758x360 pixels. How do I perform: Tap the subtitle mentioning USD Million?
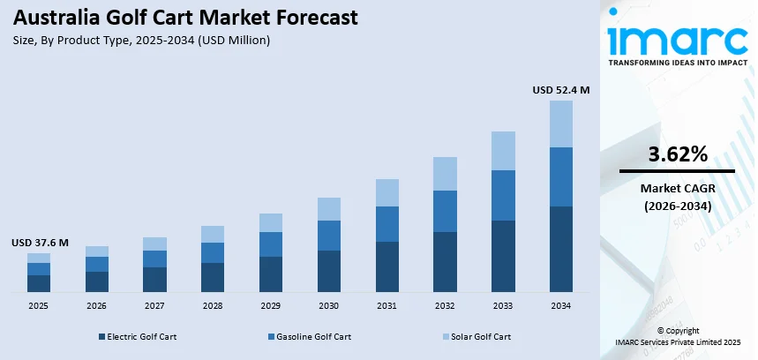(141, 40)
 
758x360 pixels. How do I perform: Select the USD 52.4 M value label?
(561, 90)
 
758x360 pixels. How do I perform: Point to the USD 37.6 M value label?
(40, 243)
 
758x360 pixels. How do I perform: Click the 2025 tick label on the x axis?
(38, 305)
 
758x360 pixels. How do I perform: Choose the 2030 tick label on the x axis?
(328, 305)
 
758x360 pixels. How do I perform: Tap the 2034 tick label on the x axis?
(561, 305)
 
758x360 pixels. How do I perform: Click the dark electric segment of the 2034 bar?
(561, 249)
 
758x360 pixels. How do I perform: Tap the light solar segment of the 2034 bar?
(561, 124)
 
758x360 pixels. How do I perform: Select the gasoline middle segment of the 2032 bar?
(445, 211)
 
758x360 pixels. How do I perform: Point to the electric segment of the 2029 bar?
(271, 274)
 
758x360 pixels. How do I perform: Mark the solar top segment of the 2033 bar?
(503, 151)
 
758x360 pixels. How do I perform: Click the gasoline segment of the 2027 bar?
(154, 259)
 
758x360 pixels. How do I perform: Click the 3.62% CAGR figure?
(677, 154)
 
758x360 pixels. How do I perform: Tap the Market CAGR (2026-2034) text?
(677, 197)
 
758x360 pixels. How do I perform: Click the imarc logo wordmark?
(677, 41)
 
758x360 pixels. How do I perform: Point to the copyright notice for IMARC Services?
(677, 336)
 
